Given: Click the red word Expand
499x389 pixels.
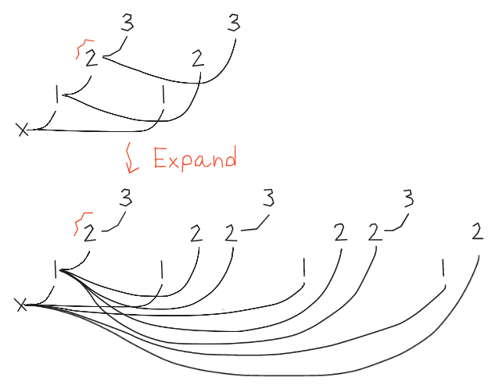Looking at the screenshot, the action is pyautogui.click(x=195, y=159).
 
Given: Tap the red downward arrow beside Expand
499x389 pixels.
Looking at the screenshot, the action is pyautogui.click(x=131, y=159).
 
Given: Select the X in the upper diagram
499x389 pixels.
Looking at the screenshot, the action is pyautogui.click(x=23, y=130).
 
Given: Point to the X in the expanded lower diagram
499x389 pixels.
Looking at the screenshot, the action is pyautogui.click(x=22, y=305).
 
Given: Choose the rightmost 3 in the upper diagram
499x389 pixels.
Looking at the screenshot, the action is pyautogui.click(x=233, y=23).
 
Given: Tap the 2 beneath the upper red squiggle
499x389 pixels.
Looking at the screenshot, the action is pyautogui.click(x=92, y=59).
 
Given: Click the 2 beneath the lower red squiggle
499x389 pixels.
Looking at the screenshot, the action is pyautogui.click(x=90, y=234).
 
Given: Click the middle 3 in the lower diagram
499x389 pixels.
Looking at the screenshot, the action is pyautogui.click(x=269, y=199).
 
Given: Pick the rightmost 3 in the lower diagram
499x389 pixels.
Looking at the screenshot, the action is pyautogui.click(x=407, y=200).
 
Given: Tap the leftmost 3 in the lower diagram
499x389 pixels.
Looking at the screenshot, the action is pyautogui.click(x=126, y=199).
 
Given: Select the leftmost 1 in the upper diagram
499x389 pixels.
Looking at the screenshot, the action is pyautogui.click(x=57, y=95).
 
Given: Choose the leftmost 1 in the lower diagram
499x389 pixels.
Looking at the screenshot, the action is pyautogui.click(x=56, y=269).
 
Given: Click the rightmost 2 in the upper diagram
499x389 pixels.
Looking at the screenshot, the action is pyautogui.click(x=197, y=59).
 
